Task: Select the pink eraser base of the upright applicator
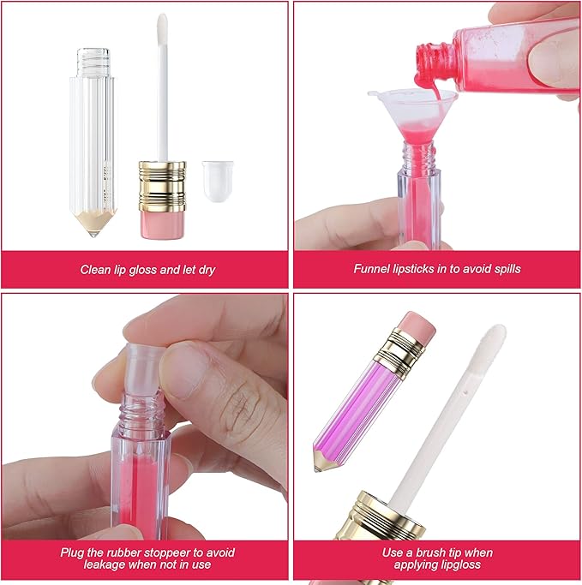click(x=162, y=221)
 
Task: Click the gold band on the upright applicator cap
click(x=162, y=183)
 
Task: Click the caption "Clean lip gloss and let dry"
click(x=147, y=269)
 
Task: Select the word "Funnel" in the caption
click(x=372, y=269)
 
